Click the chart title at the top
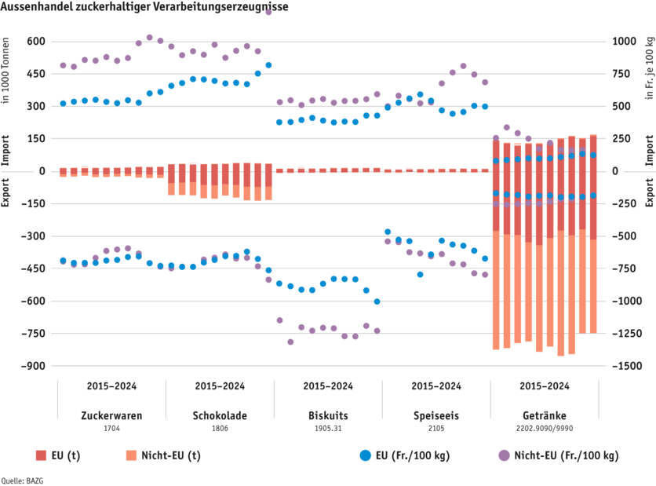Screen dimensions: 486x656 tap(145, 7)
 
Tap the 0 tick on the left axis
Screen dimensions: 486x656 tap(42, 170)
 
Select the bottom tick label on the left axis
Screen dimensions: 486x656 tap(36, 365)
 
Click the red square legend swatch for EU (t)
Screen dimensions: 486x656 tap(42, 455)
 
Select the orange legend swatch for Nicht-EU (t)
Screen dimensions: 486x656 tap(131, 455)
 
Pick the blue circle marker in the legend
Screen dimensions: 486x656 tap(365, 455)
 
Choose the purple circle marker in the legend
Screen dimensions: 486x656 tap(503, 455)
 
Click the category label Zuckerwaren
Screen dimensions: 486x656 tap(111, 416)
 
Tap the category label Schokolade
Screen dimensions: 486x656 tap(219, 416)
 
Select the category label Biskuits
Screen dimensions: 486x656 tap(327, 416)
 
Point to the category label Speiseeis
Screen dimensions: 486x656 tap(436, 416)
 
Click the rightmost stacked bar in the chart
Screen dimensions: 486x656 tap(592, 236)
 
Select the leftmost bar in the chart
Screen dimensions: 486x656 tap(63, 171)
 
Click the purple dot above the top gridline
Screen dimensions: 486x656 tap(268, 11)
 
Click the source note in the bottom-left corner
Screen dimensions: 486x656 tap(11, 480)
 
